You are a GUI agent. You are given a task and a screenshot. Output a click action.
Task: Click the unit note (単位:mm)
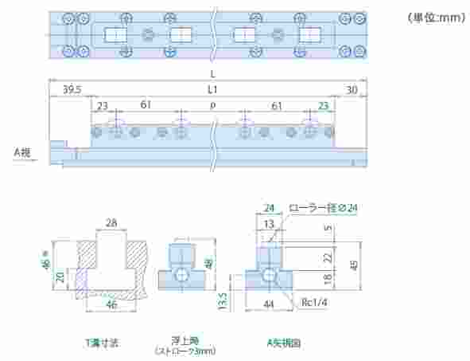[x=437, y=18]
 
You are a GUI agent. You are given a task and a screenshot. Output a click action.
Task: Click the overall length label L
[x=213, y=74]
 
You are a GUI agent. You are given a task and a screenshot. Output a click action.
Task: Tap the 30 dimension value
[x=352, y=91]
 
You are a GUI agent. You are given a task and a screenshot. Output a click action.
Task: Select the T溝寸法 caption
[x=102, y=343]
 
